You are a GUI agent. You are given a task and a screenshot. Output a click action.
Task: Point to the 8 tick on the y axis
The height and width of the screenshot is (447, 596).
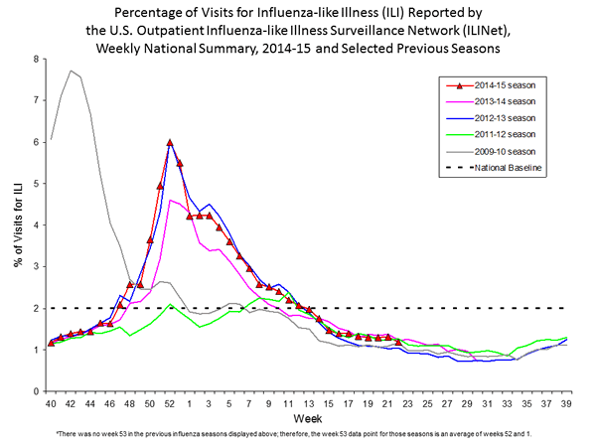(37, 59)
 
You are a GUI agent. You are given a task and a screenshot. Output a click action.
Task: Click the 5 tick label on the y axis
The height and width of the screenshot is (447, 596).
(37, 184)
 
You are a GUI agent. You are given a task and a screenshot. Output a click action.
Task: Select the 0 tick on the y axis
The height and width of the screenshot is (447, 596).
(37, 391)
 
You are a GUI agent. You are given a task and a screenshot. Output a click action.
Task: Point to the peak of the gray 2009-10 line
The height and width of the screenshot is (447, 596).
(71, 71)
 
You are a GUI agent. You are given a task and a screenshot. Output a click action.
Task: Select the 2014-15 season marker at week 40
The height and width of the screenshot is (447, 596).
(51, 344)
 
